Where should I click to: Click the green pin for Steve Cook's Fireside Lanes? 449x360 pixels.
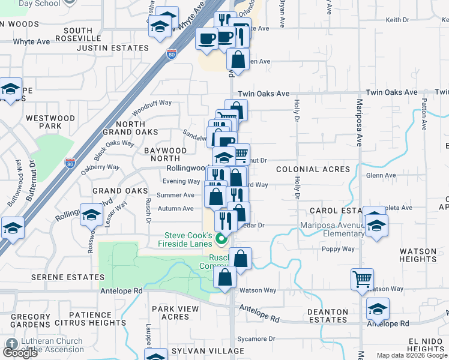click(221, 240)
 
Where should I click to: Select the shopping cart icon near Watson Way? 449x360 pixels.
click(363, 279)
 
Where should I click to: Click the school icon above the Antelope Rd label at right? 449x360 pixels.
click(378, 309)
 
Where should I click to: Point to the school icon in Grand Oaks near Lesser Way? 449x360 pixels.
click(91, 215)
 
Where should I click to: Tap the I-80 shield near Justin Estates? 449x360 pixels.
click(172, 53)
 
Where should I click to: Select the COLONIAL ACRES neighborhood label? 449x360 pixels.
click(313, 170)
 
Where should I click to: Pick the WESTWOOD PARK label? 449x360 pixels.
click(51, 122)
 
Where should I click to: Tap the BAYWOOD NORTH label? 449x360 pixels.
click(165, 154)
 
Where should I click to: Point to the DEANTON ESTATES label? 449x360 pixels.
click(327, 316)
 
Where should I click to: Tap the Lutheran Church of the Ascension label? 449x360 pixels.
click(51, 346)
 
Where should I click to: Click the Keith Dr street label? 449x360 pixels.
click(397, 20)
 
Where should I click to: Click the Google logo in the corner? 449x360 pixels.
click(20, 352)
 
